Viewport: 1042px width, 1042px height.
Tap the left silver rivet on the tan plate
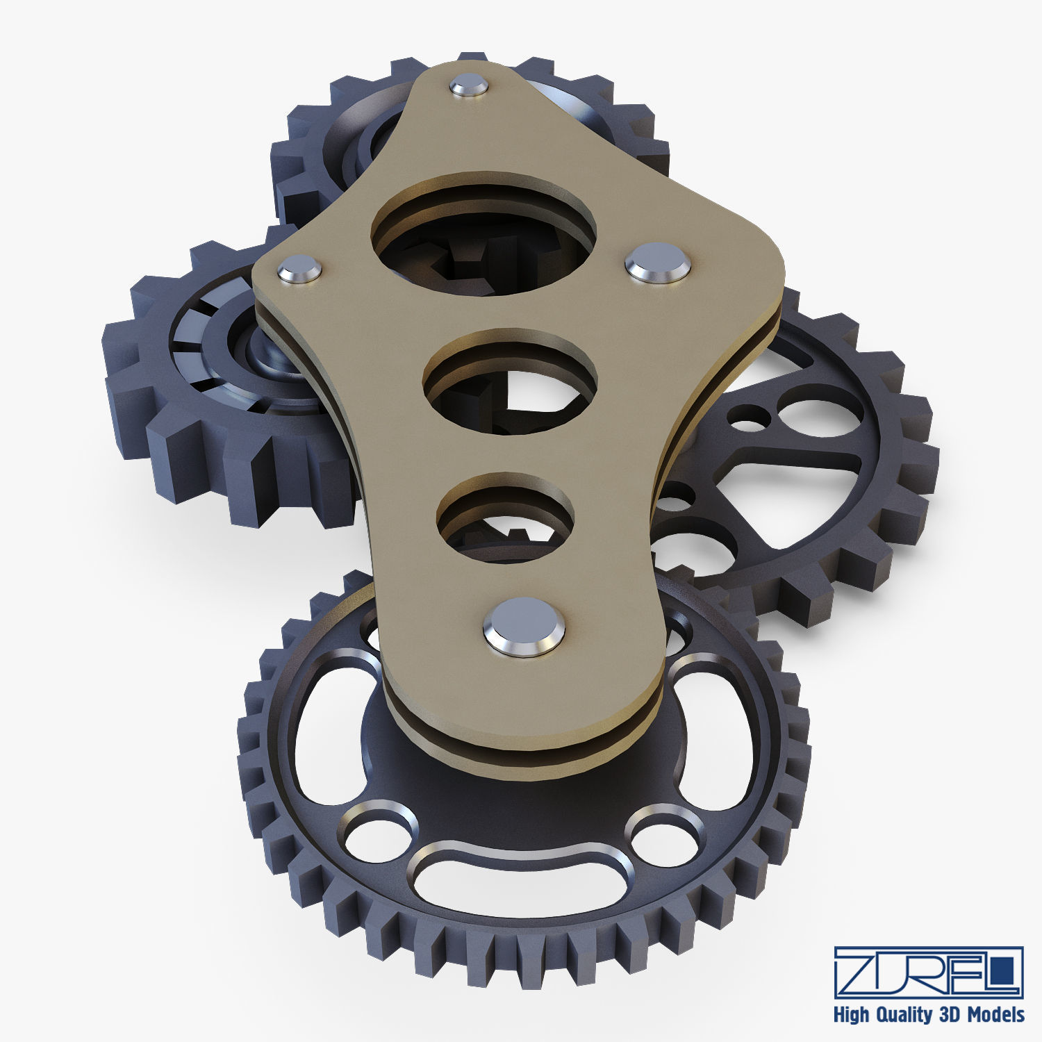tap(300, 268)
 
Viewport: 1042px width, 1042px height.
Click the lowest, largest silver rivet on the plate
tap(524, 626)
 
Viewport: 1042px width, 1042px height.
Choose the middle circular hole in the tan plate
tap(511, 382)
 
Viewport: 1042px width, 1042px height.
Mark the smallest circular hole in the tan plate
tap(506, 518)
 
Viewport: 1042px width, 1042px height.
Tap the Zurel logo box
tap(928, 972)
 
